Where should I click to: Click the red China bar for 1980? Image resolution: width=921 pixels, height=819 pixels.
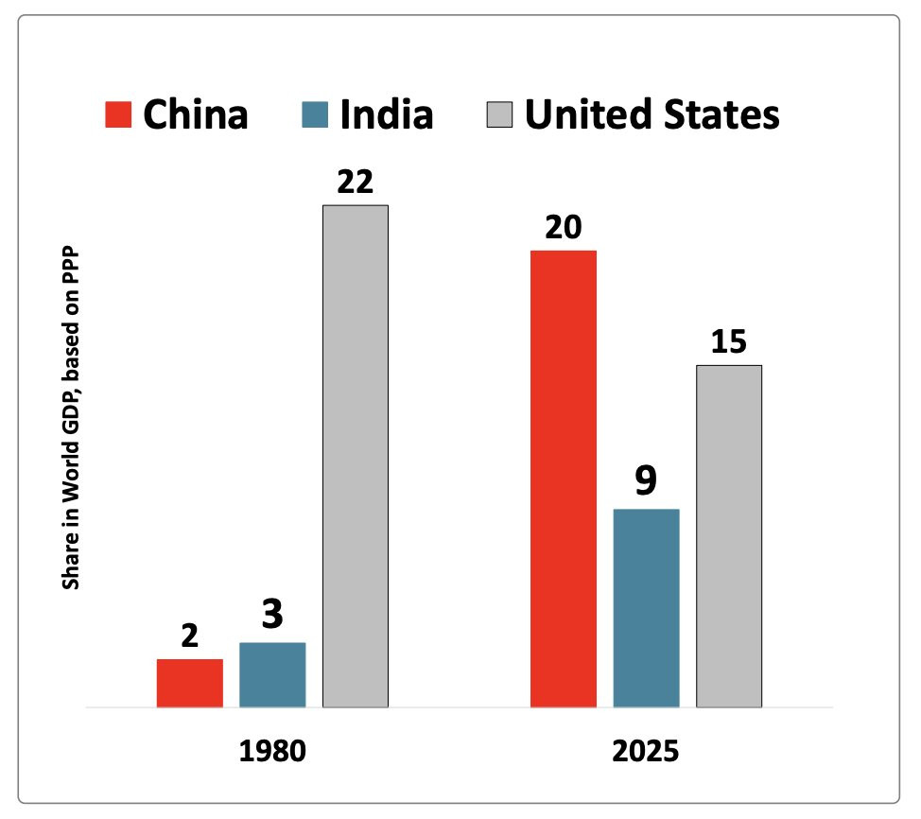(190, 683)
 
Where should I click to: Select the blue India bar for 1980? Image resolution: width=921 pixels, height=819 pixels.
(272, 674)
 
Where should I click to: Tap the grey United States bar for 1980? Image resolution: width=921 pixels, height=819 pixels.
(356, 456)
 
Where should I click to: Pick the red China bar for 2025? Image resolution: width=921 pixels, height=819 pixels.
(564, 479)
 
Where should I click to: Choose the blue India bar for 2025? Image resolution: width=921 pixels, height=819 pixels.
(647, 608)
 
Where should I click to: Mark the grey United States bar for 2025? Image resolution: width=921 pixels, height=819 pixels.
(729, 535)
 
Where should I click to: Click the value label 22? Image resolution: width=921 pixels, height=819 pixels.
(356, 183)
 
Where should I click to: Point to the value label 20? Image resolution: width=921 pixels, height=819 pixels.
(564, 229)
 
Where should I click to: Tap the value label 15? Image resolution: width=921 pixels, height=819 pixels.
(729, 342)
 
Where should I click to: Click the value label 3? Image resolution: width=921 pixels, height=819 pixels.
(272, 616)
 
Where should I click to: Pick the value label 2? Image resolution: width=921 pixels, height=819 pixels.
(190, 636)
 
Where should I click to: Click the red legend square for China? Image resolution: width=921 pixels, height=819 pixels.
(117, 115)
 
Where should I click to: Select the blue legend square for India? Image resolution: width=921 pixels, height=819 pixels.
(316, 115)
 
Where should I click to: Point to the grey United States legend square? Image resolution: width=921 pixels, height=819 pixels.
(499, 115)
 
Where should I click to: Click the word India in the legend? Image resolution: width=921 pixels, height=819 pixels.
(387, 114)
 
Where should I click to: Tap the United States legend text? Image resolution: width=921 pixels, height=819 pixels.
(652, 114)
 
